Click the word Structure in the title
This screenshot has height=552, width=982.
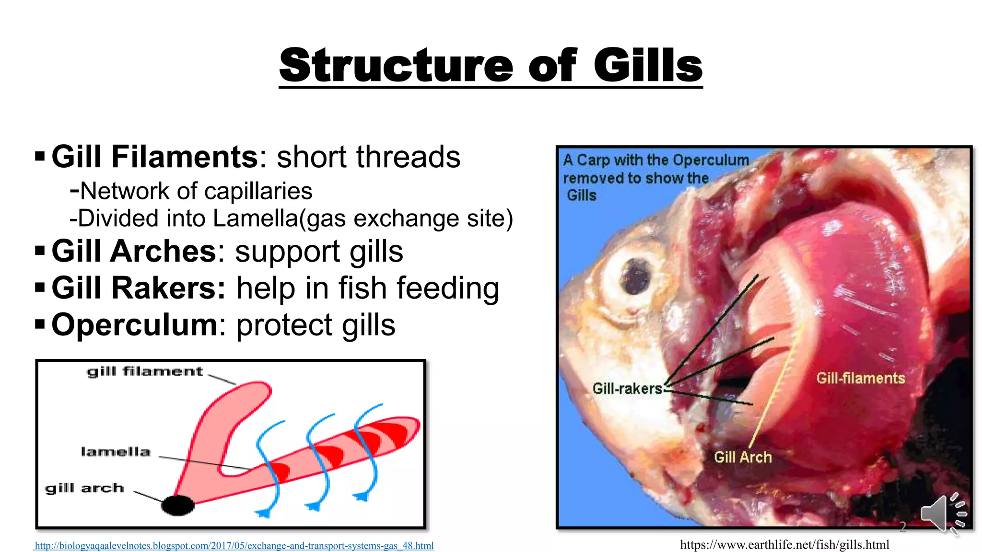[x=396, y=66]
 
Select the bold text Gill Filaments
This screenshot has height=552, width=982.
[x=155, y=157]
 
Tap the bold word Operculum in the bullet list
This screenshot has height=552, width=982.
[x=135, y=324]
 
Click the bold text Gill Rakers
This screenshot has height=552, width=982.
[x=138, y=288]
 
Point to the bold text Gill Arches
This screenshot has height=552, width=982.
[x=134, y=251]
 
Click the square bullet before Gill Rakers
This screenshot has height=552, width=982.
[x=40, y=287]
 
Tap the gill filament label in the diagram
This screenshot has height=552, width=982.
[x=145, y=371]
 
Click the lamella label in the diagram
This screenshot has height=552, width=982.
[x=116, y=452]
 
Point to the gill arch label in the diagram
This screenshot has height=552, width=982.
[x=85, y=488]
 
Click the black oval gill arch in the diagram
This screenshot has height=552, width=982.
[x=178, y=505]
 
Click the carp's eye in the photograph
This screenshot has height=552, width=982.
[x=635, y=277]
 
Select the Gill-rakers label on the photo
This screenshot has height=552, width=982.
[x=627, y=388]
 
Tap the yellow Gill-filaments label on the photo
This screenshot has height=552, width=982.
[x=860, y=378]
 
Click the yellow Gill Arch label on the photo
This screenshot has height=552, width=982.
[x=743, y=457]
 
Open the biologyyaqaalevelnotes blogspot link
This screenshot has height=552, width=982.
[x=234, y=545]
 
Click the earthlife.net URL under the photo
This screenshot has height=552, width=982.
[x=784, y=544]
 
